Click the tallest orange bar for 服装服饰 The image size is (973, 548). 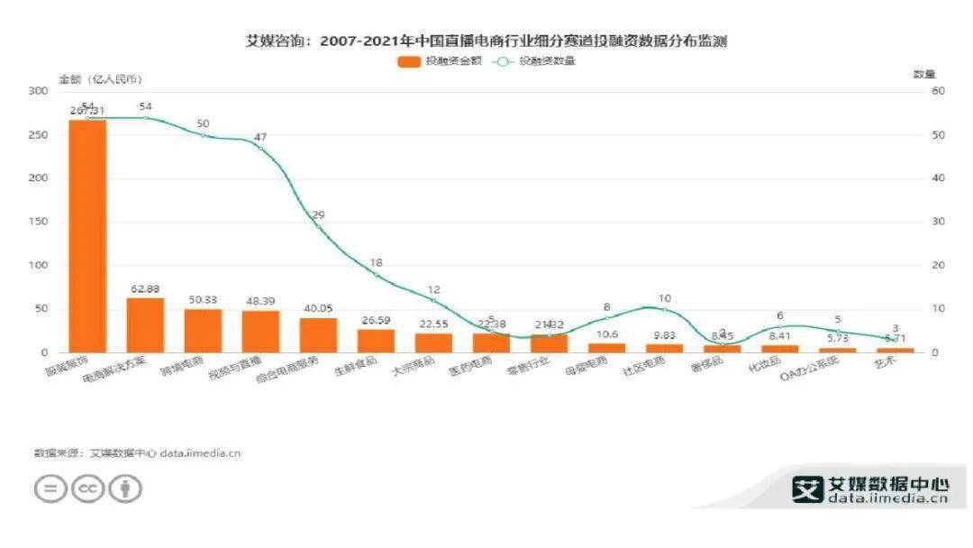87,235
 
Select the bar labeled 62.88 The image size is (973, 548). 145,324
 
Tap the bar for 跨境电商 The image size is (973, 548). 203,330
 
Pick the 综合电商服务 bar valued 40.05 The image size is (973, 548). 318,334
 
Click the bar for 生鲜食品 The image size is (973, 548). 376,341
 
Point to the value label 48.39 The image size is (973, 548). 260,300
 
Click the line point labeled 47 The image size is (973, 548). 260,148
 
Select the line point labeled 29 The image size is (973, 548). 318,226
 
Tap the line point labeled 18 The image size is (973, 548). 376,274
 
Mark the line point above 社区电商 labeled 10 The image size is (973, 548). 664,309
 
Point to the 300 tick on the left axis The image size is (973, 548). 38,91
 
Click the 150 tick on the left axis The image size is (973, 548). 38,222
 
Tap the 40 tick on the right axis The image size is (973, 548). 937,178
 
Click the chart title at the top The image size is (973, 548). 486,41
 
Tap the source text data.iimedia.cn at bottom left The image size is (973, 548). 201,452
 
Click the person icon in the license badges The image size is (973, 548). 125,489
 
